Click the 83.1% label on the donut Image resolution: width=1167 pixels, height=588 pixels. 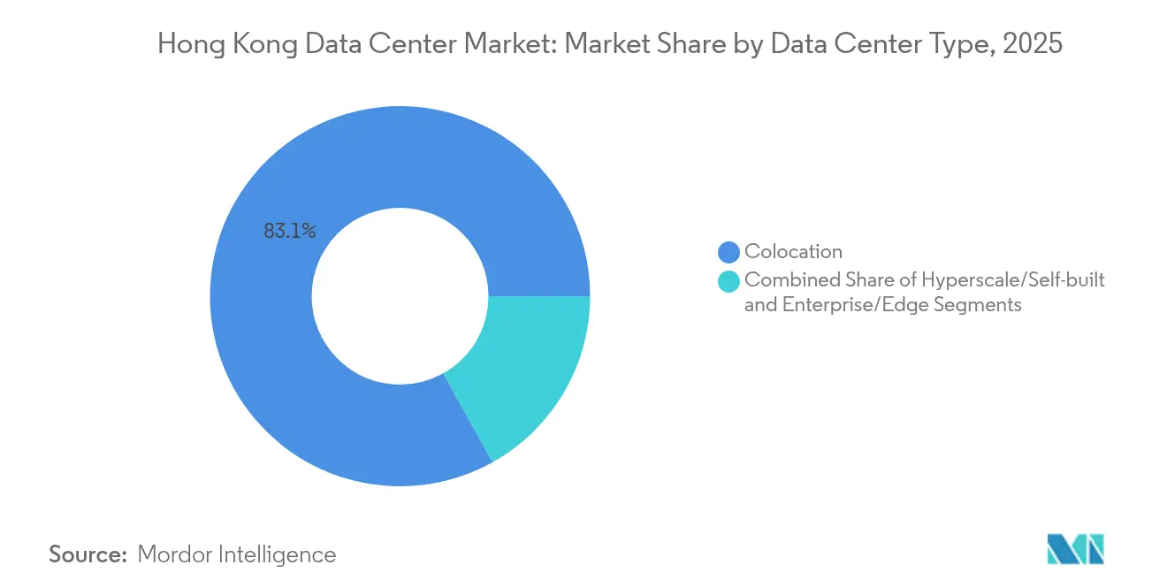(289, 232)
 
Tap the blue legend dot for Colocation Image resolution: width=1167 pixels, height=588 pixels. (728, 252)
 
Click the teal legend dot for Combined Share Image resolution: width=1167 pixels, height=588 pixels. (728, 281)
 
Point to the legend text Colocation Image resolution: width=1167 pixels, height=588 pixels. (793, 252)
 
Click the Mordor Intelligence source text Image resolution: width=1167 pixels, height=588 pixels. (237, 554)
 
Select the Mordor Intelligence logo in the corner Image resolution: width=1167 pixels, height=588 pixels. (1076, 549)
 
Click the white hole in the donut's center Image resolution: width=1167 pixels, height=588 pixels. (400, 296)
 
